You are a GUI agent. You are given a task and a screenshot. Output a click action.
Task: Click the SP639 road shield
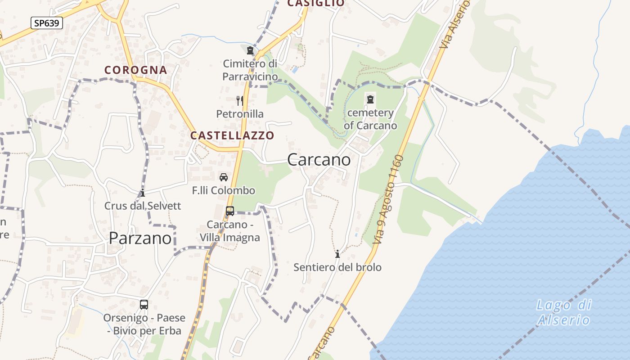pos(47,23)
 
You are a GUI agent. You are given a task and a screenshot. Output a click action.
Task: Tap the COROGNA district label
pos(135,70)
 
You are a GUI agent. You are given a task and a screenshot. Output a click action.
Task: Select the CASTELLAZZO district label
pos(232,135)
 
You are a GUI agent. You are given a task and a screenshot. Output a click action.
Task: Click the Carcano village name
pos(319,160)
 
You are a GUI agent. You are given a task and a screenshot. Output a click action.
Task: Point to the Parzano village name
pos(140,238)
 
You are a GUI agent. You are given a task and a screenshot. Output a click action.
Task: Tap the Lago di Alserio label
pos(563,312)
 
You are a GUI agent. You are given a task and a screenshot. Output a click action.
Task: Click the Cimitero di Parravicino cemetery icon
pos(250,51)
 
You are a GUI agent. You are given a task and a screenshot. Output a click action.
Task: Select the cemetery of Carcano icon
pos(370,99)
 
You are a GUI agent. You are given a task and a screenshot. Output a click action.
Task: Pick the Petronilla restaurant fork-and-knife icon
pos(240,100)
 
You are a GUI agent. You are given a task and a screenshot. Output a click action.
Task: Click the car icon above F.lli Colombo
pos(224,177)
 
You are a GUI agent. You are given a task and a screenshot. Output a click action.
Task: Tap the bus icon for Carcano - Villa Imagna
pos(230,211)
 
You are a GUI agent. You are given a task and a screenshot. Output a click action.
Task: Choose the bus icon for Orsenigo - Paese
pos(144,305)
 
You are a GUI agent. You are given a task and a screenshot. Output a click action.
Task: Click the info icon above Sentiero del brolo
pos(337,254)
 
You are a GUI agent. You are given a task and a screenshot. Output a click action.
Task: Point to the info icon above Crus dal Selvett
pos(143,193)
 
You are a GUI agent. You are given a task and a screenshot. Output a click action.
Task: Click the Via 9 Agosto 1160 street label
pos(389,200)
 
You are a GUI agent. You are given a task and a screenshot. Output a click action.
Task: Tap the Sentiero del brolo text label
pos(337,267)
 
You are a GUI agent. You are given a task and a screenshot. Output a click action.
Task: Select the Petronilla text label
pos(240,114)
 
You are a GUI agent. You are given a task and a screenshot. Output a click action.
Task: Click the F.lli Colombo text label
pos(224,191)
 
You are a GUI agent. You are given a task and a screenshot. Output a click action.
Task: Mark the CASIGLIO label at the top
pos(316,3)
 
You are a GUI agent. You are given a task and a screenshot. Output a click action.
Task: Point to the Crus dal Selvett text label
pos(143,206)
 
